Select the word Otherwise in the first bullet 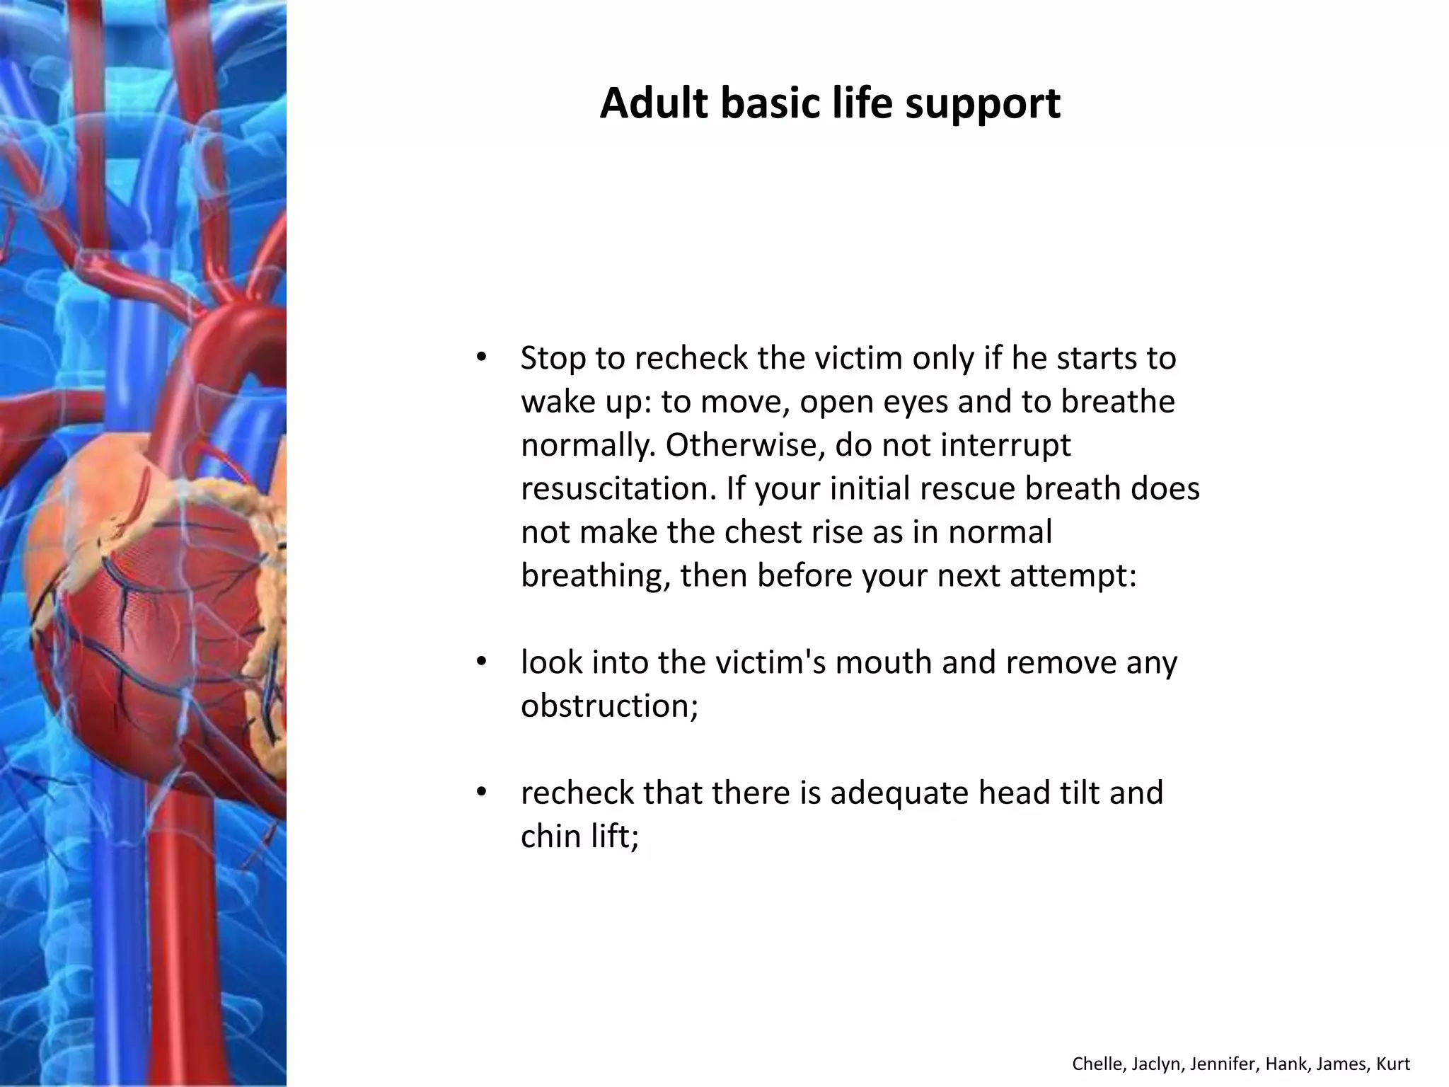(744, 445)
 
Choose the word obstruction (609, 706)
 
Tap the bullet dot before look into (481, 662)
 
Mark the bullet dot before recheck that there (481, 792)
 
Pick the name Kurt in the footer (1393, 1064)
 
